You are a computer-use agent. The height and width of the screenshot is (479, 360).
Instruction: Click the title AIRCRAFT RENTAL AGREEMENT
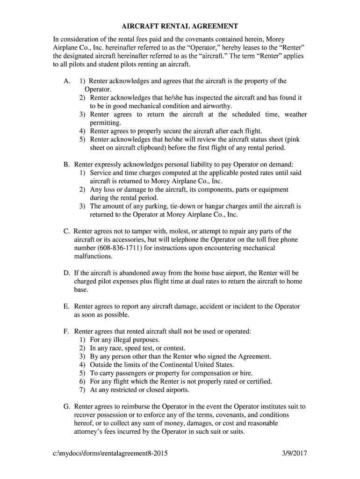pos(180,26)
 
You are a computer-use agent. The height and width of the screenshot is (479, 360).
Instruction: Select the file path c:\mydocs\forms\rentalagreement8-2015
pos(110,453)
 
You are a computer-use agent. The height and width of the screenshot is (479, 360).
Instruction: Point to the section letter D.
pos(66,273)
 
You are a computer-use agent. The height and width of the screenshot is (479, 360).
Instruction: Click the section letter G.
pos(66,406)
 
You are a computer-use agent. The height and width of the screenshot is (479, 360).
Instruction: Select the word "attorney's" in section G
pos(89,432)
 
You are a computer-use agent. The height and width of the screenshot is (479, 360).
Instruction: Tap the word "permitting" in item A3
pos(105,123)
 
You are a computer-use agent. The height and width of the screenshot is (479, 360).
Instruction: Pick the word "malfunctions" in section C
pos(93,256)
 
